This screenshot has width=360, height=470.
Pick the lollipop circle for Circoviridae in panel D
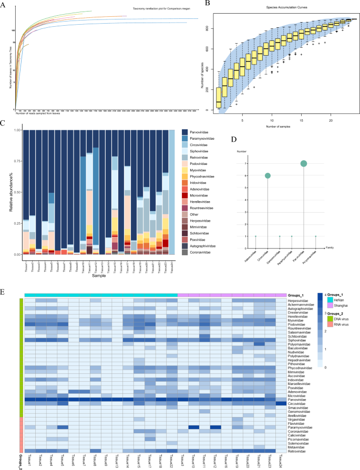[268, 176]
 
